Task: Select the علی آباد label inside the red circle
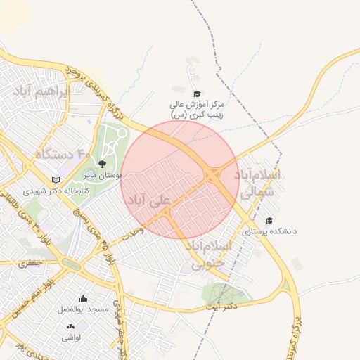click(148, 200)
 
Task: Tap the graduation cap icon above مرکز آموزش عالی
click(197, 94)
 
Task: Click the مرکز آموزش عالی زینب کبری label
click(196, 109)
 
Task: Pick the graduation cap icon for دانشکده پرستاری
click(269, 220)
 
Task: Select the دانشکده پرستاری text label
click(270, 231)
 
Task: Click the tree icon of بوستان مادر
click(102, 164)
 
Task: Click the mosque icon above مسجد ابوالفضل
click(84, 298)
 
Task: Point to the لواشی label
click(71, 337)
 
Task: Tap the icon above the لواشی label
click(70, 327)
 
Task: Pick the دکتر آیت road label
click(222, 307)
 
